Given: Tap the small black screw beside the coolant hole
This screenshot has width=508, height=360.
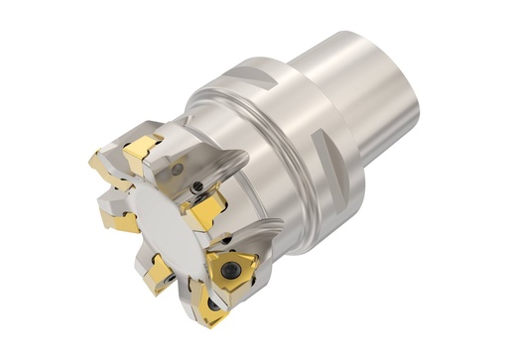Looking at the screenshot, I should coord(198,185).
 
